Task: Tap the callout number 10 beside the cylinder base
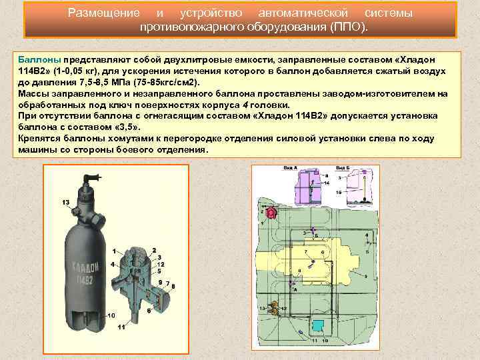pyautogui.click(x=111, y=315)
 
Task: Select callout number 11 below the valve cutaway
pyautogui.click(x=121, y=327)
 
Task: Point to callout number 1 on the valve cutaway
pyautogui.click(x=114, y=251)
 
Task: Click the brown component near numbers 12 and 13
pyautogui.click(x=275, y=309)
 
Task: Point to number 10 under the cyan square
pyautogui.click(x=325, y=340)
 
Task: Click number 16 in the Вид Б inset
pyautogui.click(x=339, y=192)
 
